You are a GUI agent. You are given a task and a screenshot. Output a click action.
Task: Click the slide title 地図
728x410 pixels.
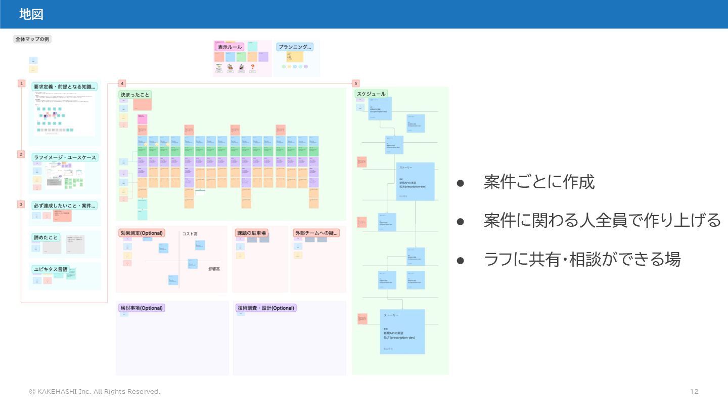pyautogui.click(x=31, y=15)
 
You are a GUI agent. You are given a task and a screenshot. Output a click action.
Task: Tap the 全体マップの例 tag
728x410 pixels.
pyautogui.click(x=32, y=39)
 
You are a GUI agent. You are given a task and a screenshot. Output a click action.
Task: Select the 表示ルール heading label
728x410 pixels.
pyautogui.click(x=230, y=47)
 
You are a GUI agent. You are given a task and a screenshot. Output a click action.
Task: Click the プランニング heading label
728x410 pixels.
pyautogui.click(x=295, y=47)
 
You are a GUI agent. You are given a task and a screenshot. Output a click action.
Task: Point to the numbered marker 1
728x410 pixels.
pyautogui.click(x=21, y=83)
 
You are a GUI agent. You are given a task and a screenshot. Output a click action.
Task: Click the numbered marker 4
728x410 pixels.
pyautogui.click(x=122, y=83)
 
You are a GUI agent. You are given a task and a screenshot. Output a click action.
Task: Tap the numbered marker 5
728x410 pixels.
pyautogui.click(x=356, y=83)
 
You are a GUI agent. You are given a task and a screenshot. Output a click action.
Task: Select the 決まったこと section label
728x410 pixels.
pyautogui.click(x=135, y=95)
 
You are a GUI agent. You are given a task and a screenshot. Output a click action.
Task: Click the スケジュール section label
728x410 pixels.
pyautogui.click(x=372, y=94)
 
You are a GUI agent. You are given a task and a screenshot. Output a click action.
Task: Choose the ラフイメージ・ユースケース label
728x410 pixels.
pyautogui.click(x=65, y=157)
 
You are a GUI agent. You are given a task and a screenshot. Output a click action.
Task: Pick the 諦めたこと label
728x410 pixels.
pyautogui.click(x=46, y=237)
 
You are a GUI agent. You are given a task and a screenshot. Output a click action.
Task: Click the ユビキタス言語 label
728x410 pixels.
pyautogui.click(x=50, y=269)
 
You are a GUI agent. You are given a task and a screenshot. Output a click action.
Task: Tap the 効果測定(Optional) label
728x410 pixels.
pyautogui.click(x=142, y=233)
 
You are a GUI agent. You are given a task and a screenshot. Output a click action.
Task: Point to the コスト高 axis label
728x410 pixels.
pyautogui.click(x=190, y=234)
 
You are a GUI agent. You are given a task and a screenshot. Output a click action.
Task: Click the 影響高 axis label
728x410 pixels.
pyautogui.click(x=214, y=269)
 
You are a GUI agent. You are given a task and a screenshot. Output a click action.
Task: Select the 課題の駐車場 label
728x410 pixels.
pyautogui.click(x=251, y=233)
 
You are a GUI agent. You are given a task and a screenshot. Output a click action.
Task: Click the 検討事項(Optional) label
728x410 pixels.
pyautogui.click(x=142, y=308)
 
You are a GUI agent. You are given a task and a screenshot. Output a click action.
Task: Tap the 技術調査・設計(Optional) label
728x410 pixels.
pyautogui.click(x=265, y=308)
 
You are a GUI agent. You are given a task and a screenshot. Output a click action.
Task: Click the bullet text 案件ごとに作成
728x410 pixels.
pyautogui.click(x=539, y=182)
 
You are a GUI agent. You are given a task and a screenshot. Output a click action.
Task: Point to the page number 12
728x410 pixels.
pyautogui.click(x=694, y=391)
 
